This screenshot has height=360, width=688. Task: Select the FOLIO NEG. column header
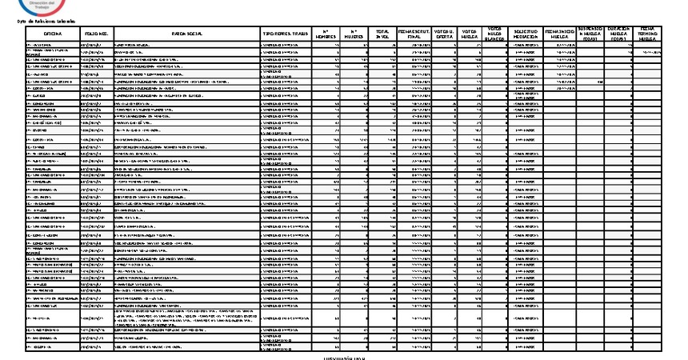tap(96, 34)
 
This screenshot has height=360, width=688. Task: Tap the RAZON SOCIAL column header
tap(187, 34)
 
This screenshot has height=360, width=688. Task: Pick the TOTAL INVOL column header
tap(383, 34)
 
